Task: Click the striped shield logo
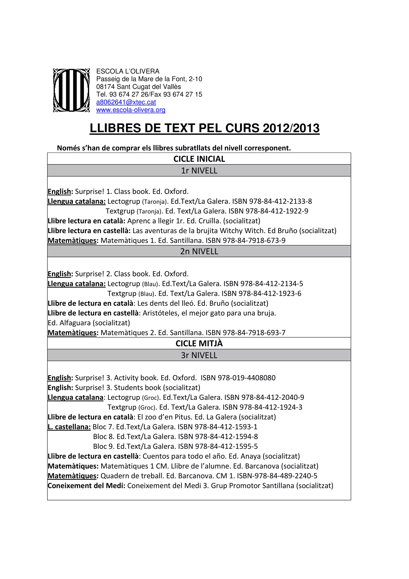(71, 90)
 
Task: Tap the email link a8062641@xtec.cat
(126, 102)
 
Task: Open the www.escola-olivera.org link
(131, 110)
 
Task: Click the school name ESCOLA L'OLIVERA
(128, 71)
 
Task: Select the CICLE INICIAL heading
(199, 159)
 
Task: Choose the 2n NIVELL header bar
(199, 251)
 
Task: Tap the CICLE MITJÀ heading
(199, 343)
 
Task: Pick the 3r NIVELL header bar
(199, 355)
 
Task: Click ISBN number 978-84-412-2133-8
(280, 201)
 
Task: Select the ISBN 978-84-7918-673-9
(254, 241)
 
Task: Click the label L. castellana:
(69, 427)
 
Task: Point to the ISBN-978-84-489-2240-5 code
(277, 476)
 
